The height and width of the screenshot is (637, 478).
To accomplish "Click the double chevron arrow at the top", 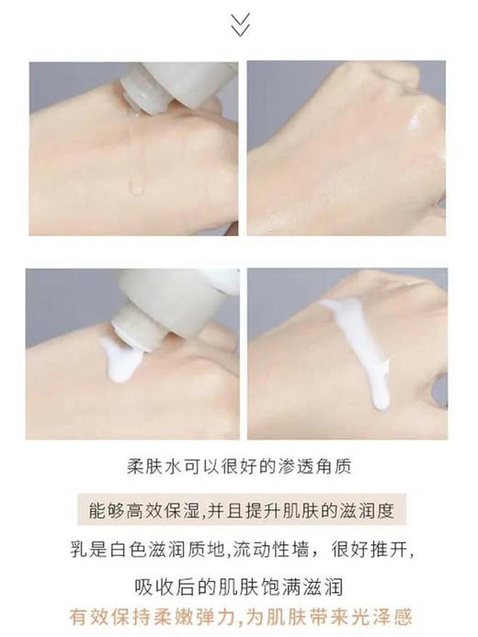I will click(x=240, y=25).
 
